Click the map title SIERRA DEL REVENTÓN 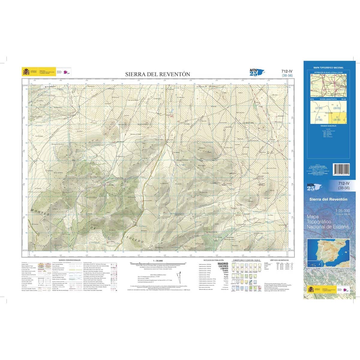pyautogui.click(x=157, y=74)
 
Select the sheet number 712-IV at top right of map pyautogui.click(x=287, y=71)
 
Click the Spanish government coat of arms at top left pyautogui.click(x=26, y=72)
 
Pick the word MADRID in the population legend pyautogui.click(x=223, y=264)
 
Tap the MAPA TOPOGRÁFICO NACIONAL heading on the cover pyautogui.click(x=328, y=68)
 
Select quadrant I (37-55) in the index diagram pyautogui.click(x=318, y=106)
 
